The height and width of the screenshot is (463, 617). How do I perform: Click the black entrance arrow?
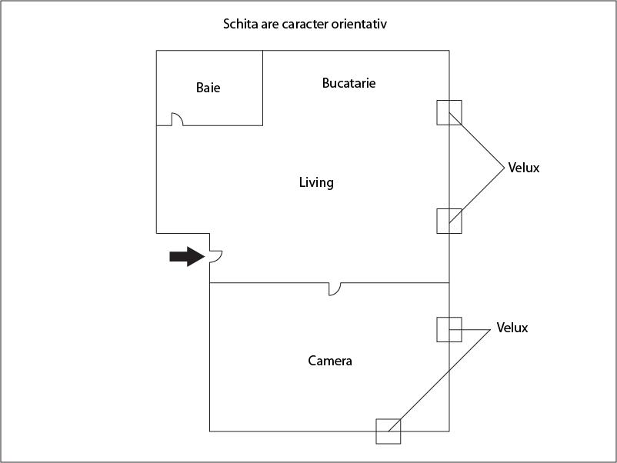[x=187, y=257]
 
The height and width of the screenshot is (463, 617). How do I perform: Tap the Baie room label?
[x=208, y=88]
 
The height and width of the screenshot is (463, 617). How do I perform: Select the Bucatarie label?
[x=349, y=83]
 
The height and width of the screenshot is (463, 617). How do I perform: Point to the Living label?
[x=315, y=182]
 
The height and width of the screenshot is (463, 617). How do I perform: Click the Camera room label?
[x=330, y=360]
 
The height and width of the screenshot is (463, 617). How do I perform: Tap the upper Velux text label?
[x=524, y=167]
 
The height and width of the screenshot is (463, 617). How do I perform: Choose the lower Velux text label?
[x=512, y=328]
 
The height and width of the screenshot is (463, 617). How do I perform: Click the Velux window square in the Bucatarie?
[x=449, y=112]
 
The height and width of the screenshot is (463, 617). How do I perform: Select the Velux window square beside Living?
[x=449, y=221]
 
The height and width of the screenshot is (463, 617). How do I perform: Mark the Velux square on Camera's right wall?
[x=449, y=329]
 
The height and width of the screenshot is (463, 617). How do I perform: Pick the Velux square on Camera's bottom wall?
[x=389, y=431]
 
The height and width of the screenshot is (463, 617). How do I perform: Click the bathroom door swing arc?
[x=176, y=118]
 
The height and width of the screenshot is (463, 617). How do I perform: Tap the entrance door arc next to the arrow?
[x=216, y=256]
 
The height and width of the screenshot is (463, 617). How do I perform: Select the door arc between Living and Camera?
[x=335, y=288]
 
